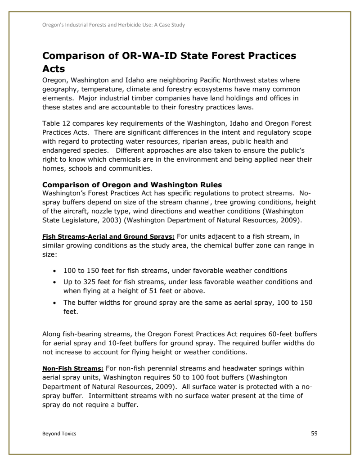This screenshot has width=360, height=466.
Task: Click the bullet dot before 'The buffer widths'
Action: [54, 291]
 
